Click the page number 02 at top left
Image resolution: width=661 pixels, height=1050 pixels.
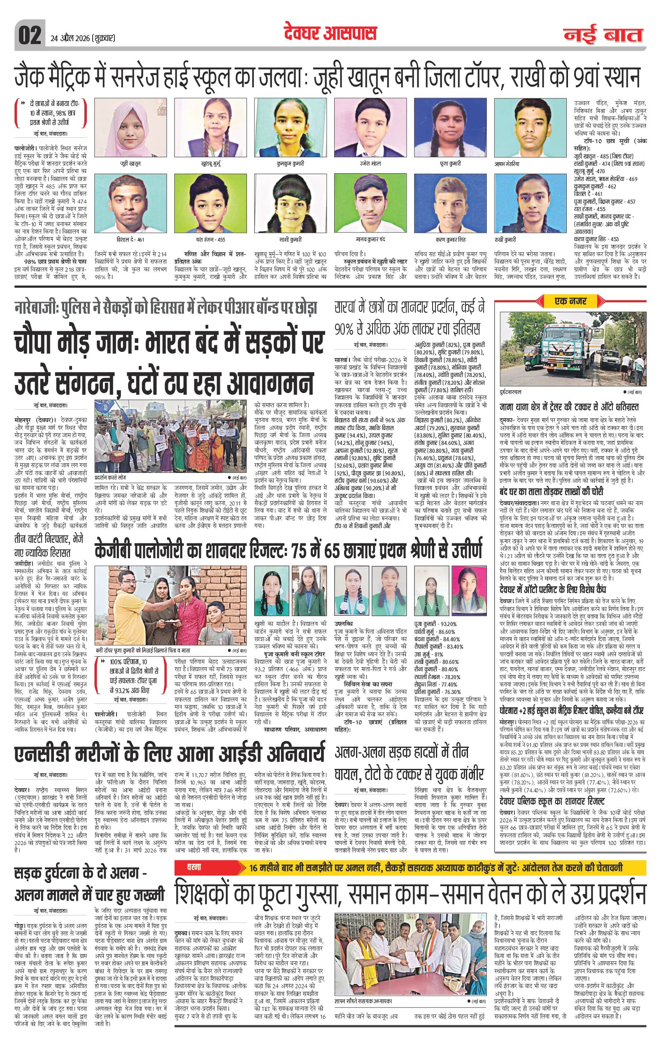(29, 35)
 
